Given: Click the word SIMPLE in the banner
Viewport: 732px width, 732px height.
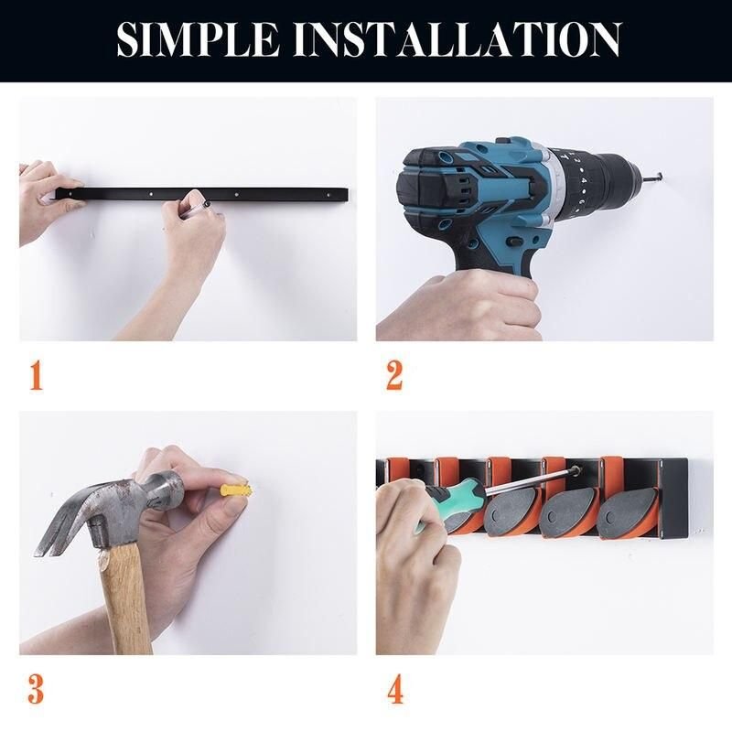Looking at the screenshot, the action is click(x=198, y=39).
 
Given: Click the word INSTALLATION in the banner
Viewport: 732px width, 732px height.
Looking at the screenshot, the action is click(x=457, y=39).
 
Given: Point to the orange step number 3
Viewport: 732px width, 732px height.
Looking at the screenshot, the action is click(x=36, y=689).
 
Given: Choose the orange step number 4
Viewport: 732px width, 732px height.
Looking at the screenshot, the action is click(x=395, y=689).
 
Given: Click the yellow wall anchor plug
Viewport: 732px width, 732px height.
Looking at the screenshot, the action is click(x=237, y=490).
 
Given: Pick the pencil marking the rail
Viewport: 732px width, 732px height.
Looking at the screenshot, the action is click(x=200, y=207).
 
